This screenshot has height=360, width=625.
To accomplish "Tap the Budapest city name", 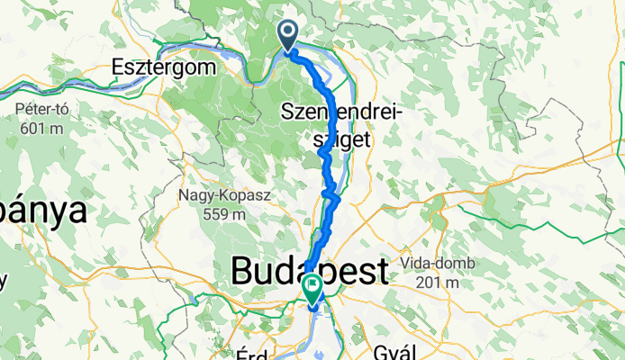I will click(310, 270).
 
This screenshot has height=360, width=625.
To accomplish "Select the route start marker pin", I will click(288, 37).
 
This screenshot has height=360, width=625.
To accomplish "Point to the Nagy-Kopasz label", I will click(213, 194).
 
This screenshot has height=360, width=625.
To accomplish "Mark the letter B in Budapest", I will click(243, 270).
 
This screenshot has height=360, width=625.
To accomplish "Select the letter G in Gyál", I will click(379, 347).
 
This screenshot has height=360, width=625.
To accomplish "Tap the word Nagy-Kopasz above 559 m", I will click(213, 194).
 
